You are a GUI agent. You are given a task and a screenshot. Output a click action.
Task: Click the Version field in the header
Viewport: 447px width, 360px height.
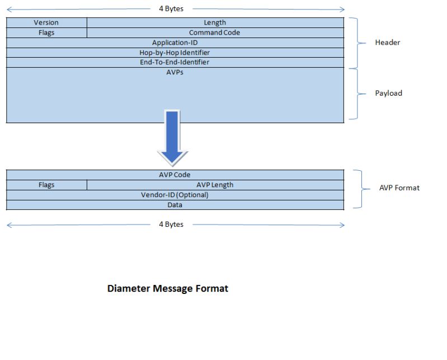pyautogui.click(x=46, y=23)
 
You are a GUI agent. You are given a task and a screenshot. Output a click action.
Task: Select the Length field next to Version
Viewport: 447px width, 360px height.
pyautogui.click(x=215, y=23)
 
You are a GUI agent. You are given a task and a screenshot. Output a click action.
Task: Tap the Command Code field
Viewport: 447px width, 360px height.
pyautogui.click(x=215, y=32)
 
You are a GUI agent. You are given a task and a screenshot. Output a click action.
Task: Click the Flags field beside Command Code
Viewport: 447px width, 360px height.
pyautogui.click(x=46, y=32)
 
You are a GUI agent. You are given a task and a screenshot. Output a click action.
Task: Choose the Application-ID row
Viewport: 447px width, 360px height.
pyautogui.click(x=175, y=43)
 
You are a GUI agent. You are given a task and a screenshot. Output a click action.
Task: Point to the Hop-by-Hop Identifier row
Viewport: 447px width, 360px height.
pyautogui.click(x=175, y=52)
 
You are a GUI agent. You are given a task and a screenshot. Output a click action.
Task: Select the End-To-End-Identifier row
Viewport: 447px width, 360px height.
pyautogui.click(x=175, y=62)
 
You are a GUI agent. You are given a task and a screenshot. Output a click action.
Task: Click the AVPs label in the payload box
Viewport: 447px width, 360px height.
pyautogui.click(x=175, y=72)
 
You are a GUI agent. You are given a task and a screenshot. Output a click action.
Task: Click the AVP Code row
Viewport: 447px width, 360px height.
pyautogui.click(x=175, y=175)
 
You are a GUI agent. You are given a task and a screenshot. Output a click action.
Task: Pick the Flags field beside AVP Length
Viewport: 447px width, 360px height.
pyautogui.click(x=46, y=185)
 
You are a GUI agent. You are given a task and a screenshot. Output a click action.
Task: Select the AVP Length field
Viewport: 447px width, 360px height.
pyautogui.click(x=215, y=185)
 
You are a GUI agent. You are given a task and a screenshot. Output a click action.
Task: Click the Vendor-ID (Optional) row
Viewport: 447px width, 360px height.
pyautogui.click(x=175, y=195)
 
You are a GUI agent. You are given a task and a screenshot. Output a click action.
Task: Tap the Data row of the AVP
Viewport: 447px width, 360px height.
pyautogui.click(x=175, y=205)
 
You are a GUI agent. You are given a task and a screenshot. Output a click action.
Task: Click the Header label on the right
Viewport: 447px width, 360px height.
pyautogui.click(x=387, y=43)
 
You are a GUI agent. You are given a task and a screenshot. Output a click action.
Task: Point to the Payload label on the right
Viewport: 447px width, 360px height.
pyautogui.click(x=388, y=93)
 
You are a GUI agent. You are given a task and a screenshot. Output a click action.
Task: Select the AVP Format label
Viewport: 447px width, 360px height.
pyautogui.click(x=399, y=188)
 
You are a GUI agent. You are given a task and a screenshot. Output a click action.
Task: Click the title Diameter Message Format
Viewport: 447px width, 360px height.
pyautogui.click(x=168, y=289)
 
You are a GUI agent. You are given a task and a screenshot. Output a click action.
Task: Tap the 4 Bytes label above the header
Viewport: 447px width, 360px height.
pyautogui.click(x=171, y=9)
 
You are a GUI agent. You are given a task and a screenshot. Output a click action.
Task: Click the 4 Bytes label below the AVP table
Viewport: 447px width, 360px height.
pyautogui.click(x=171, y=225)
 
